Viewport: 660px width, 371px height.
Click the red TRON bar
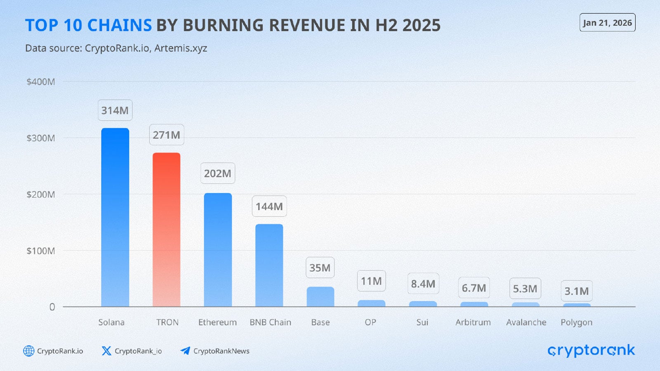167,230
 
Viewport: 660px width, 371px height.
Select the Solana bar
115,217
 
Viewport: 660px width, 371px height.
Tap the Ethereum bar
218,250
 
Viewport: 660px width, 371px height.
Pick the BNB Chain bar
269,265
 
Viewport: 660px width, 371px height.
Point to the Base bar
320,296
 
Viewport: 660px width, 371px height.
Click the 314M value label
115,110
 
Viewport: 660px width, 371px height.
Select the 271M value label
167,135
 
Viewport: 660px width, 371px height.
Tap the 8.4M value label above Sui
423,284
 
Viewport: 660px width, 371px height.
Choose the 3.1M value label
577,291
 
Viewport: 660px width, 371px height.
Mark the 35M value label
320,268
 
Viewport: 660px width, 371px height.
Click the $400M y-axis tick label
41,82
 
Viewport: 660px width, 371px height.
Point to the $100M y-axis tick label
41,251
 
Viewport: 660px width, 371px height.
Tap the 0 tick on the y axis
52,307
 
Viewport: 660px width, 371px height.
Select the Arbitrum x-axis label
473,322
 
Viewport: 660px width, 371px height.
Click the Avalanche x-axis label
526,322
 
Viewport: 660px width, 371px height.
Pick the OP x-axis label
370,322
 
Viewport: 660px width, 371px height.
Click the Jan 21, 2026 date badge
607,23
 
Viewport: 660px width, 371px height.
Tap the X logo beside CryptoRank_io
106,351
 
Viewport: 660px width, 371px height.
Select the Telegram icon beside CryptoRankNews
185,351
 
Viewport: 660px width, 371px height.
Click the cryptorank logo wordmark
591,350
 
